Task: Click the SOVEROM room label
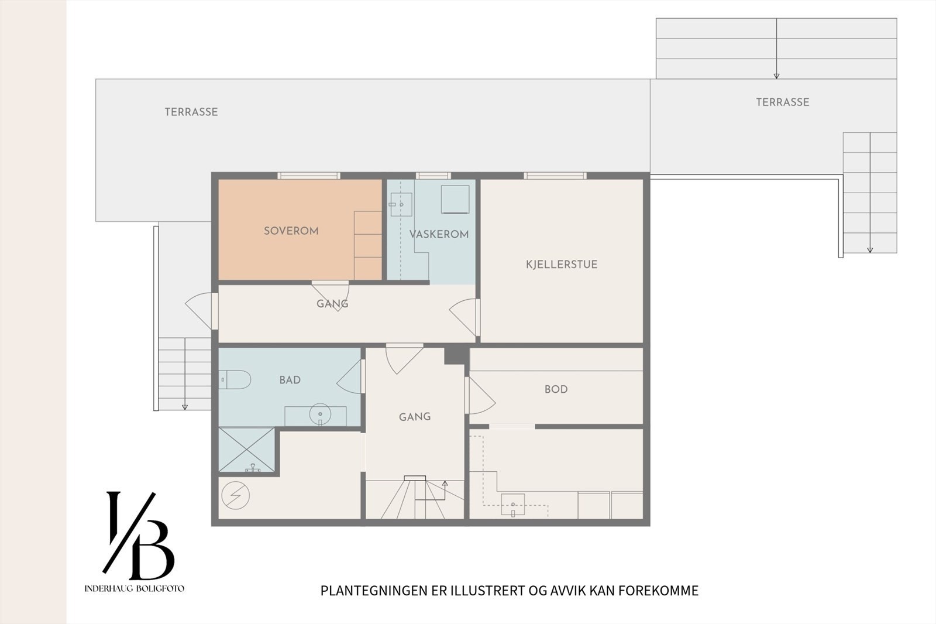click(x=291, y=231)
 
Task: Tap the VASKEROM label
click(x=439, y=234)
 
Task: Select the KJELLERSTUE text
click(x=562, y=265)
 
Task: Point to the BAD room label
click(x=290, y=380)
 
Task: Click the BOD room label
click(x=556, y=389)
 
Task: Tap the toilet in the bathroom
click(x=235, y=379)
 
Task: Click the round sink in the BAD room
click(x=320, y=414)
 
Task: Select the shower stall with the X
click(x=246, y=450)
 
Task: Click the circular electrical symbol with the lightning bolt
click(x=236, y=496)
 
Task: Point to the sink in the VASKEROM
click(x=401, y=204)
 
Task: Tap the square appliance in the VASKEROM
click(x=455, y=200)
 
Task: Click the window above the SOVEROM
click(x=309, y=176)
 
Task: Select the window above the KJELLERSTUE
click(x=555, y=176)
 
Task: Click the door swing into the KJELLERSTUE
click(x=463, y=317)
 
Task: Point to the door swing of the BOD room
click(x=480, y=396)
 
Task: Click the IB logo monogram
click(x=138, y=536)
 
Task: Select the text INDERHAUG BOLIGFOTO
click(x=134, y=588)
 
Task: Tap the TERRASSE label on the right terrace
click(x=783, y=102)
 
